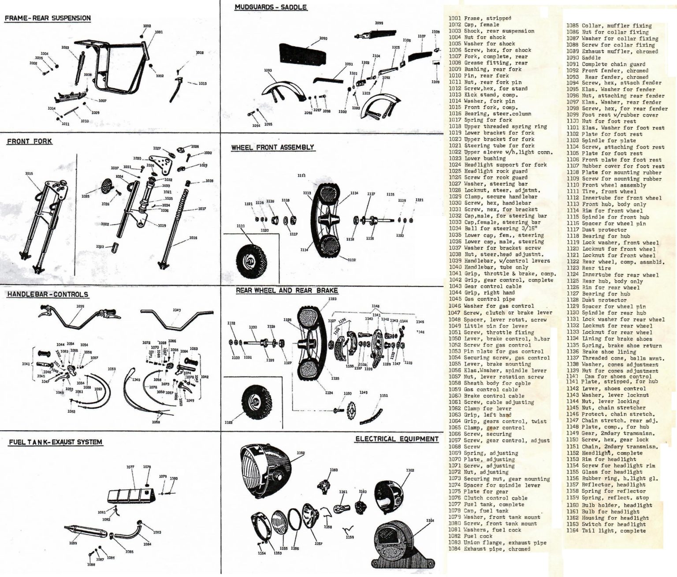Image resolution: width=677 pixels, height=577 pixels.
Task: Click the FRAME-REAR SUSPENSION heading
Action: coord(48,19)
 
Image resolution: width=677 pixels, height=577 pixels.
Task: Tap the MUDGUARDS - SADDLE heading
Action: coord(271,7)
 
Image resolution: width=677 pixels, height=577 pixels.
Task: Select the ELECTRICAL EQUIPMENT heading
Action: coord(397,439)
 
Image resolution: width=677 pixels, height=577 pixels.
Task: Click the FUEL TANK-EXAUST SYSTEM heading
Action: coord(56,442)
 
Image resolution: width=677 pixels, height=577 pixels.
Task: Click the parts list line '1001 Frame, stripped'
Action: coord(480,19)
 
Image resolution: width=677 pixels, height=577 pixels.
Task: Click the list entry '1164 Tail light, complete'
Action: coord(606,531)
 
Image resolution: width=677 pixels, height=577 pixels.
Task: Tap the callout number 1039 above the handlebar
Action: coord(80,306)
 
